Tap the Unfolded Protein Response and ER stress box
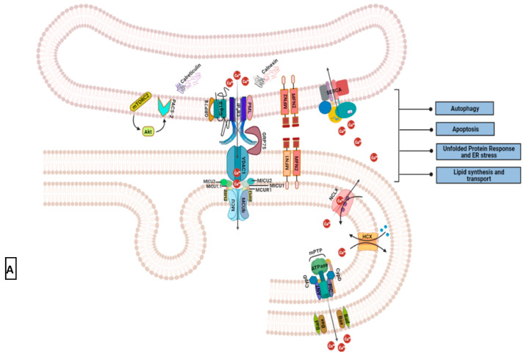(x=476, y=152)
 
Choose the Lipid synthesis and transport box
(x=476, y=175)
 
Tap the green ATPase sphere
(x=318, y=265)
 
